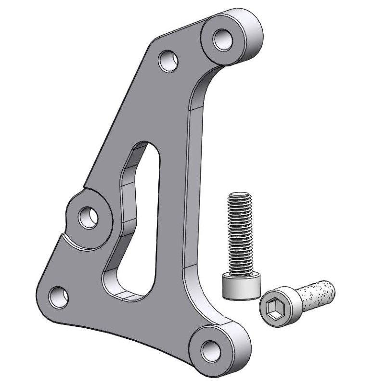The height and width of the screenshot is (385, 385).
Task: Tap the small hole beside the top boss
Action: [168, 61]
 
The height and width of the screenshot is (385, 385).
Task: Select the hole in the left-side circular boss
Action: [89, 217]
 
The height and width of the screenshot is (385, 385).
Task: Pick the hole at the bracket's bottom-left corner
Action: [59, 296]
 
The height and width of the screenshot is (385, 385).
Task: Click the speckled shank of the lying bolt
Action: [315, 293]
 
